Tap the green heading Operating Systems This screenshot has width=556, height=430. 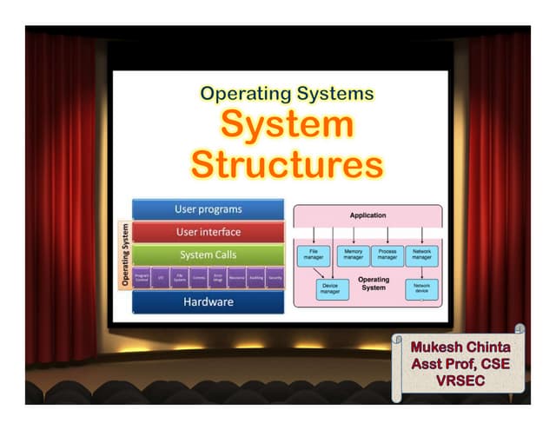click(x=286, y=92)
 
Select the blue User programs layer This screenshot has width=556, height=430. click(x=208, y=209)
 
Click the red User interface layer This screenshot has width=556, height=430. click(x=208, y=232)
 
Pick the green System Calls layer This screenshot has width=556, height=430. click(x=208, y=255)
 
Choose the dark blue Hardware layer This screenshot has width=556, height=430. click(x=208, y=302)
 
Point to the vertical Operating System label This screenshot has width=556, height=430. click(x=125, y=255)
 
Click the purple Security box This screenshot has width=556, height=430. click(x=275, y=278)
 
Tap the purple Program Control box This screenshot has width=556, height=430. click(x=142, y=278)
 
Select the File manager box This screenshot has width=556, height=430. click(x=313, y=255)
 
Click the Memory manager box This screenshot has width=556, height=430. click(x=353, y=255)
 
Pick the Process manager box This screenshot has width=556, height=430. click(x=387, y=255)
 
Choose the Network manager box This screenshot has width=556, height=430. click(x=421, y=255)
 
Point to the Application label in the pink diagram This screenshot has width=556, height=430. click(x=367, y=215)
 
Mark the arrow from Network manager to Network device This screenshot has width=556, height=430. click(x=421, y=273)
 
